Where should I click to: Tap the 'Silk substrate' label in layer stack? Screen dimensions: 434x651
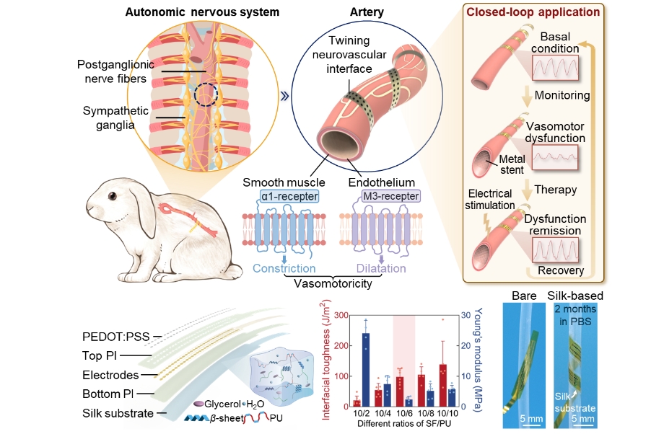click(x=118, y=413)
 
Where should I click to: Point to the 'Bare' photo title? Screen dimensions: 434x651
click(x=525, y=296)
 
